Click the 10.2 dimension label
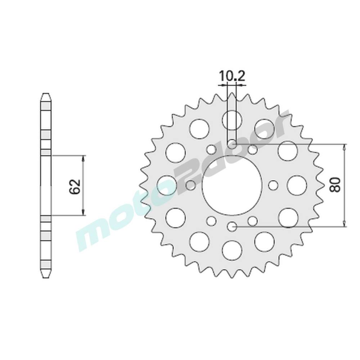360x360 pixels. [x=232, y=76]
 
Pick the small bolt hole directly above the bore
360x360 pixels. [x=232, y=144]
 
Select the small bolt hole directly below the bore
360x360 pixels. [x=232, y=226]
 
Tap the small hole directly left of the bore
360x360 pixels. [x=191, y=185]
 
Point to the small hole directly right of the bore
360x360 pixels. [x=273, y=185]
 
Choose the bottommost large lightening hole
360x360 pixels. [x=232, y=250]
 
